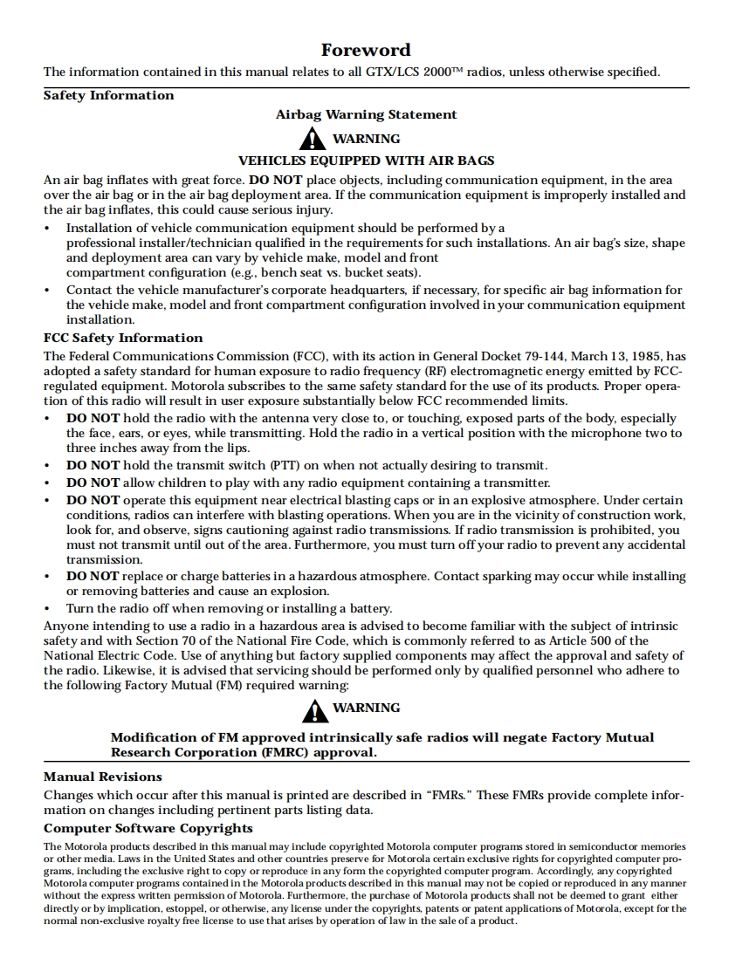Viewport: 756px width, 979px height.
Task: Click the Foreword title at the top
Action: tap(366, 50)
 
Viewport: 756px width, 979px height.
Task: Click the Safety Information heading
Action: tap(109, 96)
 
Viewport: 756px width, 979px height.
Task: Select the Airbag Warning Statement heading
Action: tap(367, 114)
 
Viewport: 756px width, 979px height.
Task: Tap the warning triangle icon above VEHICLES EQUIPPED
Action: tap(313, 140)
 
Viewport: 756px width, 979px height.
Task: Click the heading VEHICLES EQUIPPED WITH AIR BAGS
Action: tap(367, 161)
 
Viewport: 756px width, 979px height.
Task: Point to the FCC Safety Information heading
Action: tap(123, 339)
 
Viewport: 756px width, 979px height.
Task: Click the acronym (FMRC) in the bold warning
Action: tap(283, 752)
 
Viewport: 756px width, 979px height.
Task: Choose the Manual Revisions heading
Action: tap(103, 777)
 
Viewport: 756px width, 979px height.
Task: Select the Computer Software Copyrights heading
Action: tap(148, 829)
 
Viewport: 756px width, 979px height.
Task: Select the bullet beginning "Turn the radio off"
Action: tap(229, 609)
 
